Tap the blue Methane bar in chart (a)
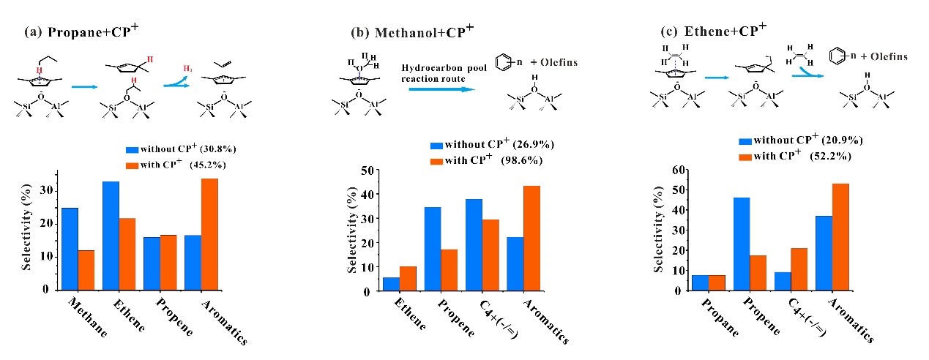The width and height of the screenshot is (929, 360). coord(70,248)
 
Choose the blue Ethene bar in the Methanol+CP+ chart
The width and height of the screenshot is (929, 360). coord(391,284)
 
